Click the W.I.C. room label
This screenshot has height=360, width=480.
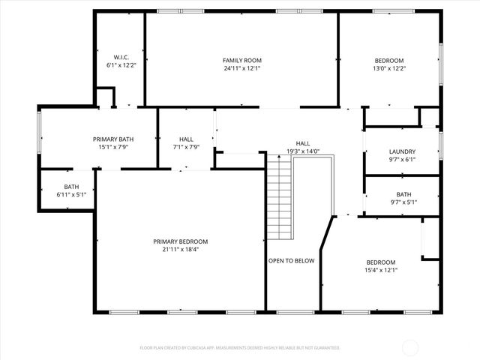pos(121,57)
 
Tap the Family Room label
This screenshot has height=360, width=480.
pos(241,60)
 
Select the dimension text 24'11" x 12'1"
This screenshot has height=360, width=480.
pos(241,68)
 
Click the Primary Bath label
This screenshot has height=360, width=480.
pos(113,139)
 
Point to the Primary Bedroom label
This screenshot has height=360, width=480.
pos(180,241)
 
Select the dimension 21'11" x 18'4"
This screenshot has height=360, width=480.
pos(180,250)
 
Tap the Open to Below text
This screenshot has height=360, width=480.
pos(292,261)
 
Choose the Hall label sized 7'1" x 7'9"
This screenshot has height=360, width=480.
pos(186,139)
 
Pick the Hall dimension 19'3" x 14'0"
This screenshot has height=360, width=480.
pos(303,151)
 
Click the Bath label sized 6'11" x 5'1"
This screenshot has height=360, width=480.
pos(71,187)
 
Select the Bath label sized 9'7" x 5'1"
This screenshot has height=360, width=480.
pos(403,193)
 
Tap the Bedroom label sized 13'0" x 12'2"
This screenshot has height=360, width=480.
pos(389,60)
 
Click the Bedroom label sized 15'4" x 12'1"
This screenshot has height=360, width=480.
pos(380,262)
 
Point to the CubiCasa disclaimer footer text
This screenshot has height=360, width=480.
pos(240,348)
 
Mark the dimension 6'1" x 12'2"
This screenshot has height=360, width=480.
pos(121,65)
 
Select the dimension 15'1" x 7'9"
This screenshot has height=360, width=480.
pos(113,148)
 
